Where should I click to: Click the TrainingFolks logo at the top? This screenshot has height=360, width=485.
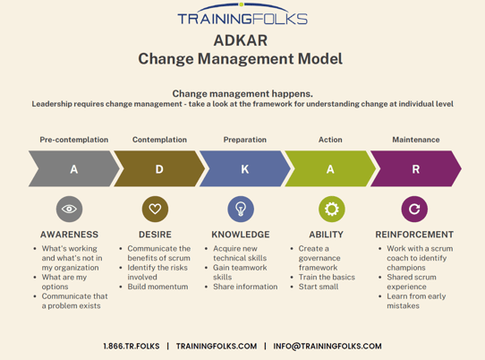[x=242, y=17]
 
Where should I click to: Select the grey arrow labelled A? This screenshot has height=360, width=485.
[x=71, y=168]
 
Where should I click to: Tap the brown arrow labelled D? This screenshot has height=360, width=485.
[x=157, y=168]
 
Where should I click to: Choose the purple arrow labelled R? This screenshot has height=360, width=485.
[x=413, y=168]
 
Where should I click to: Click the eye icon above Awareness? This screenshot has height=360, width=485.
[x=69, y=210]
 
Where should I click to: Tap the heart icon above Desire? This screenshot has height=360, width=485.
[x=155, y=210]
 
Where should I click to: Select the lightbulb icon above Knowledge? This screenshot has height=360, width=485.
[x=241, y=210]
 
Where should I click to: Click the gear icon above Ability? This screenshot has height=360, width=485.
[x=332, y=210]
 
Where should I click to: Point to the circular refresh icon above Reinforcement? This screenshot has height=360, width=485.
[x=414, y=210]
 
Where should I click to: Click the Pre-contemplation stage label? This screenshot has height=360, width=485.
[x=73, y=140]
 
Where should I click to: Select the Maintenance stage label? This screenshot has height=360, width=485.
[x=415, y=140]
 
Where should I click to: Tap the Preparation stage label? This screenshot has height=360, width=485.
[x=244, y=140]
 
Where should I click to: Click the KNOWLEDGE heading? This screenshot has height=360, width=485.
[x=241, y=235]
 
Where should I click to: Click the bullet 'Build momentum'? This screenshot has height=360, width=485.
[x=157, y=287]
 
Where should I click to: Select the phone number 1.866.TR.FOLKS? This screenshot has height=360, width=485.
[x=132, y=347]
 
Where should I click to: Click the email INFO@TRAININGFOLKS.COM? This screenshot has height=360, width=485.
[x=328, y=347]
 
